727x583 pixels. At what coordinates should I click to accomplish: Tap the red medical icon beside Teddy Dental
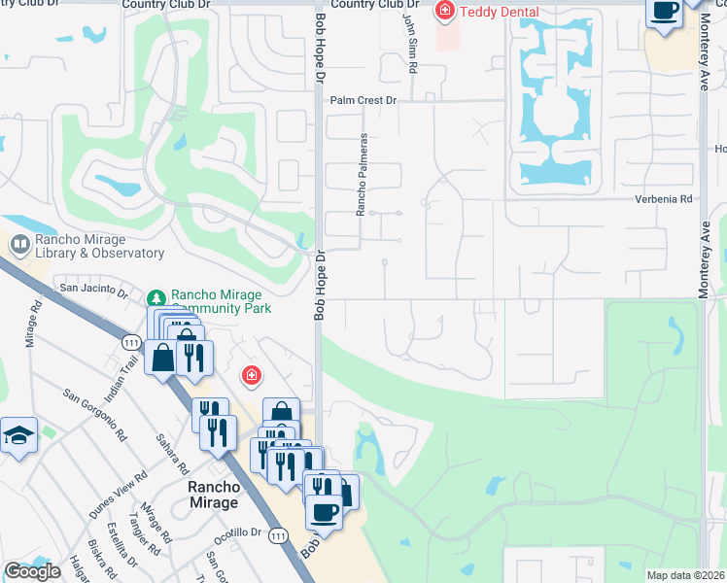(445, 12)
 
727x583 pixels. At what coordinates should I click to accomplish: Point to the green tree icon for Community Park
(156, 296)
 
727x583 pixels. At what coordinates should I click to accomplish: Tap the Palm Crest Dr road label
(363, 100)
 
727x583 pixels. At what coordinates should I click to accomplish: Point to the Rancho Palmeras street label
(361, 174)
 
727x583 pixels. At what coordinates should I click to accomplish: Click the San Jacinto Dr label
(93, 289)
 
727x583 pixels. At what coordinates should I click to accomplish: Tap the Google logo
(32, 571)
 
